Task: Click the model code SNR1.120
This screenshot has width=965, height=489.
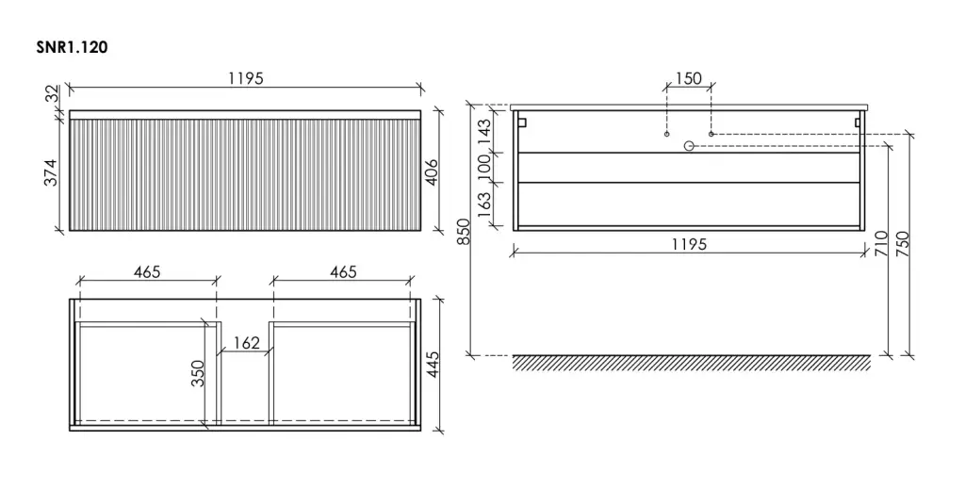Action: [x=72, y=47]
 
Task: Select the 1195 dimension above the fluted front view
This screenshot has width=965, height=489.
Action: [x=246, y=79]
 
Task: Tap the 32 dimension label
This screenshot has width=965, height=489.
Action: [x=53, y=93]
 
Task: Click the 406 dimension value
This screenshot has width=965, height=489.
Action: [x=432, y=172]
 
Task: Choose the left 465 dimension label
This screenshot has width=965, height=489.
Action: [x=147, y=272]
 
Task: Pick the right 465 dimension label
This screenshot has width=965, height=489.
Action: [x=343, y=272]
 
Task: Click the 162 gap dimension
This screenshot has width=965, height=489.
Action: [x=247, y=343]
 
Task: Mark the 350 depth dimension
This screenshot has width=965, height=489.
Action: [x=198, y=373]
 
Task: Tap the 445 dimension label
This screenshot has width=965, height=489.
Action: [x=433, y=365]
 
